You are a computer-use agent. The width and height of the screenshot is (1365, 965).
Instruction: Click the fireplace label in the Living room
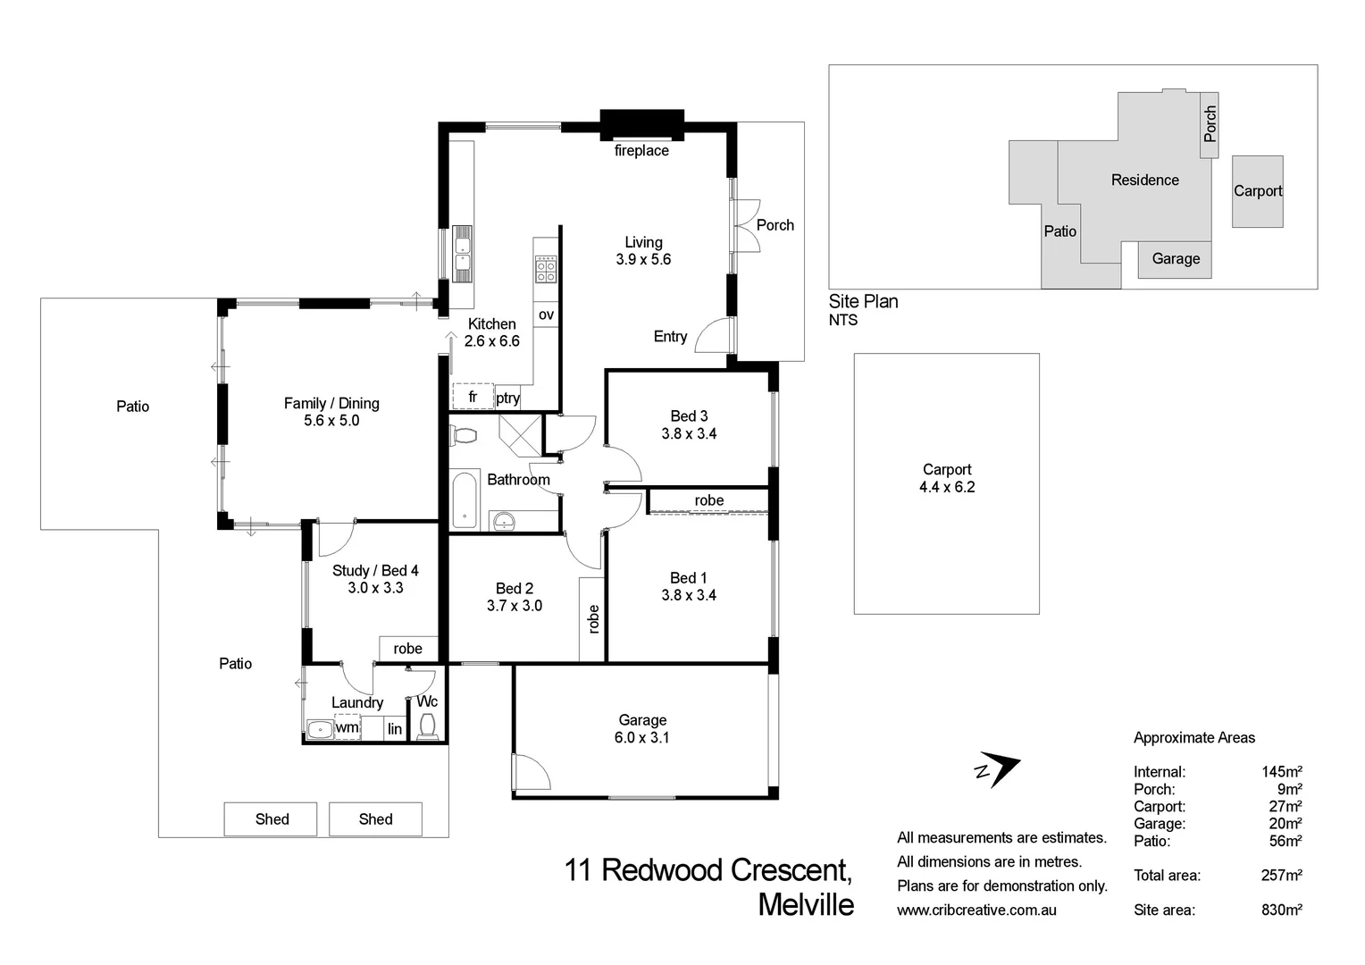pyautogui.click(x=641, y=151)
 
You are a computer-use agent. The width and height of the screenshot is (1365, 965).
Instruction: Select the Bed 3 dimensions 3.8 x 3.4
pyautogui.click(x=689, y=434)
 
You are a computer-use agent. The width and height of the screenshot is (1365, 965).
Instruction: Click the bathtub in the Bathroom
pyautogui.click(x=465, y=501)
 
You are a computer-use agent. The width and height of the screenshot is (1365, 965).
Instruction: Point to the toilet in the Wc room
pyautogui.click(x=427, y=726)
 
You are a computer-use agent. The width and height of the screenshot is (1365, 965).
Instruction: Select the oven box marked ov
pyautogui.click(x=546, y=315)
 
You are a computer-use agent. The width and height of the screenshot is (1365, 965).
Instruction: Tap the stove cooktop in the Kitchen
pyautogui.click(x=546, y=269)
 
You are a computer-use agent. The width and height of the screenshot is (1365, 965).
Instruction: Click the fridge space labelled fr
pyautogui.click(x=473, y=397)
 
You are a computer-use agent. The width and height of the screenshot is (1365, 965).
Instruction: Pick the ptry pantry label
pyautogui.click(x=507, y=399)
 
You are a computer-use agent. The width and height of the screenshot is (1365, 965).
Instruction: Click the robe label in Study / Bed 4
pyautogui.click(x=407, y=649)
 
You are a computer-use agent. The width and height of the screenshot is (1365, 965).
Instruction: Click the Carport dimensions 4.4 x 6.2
pyautogui.click(x=947, y=488)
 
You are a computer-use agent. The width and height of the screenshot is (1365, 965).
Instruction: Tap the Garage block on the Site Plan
pyautogui.click(x=1175, y=259)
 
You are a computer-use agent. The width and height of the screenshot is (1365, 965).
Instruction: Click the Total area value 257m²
pyautogui.click(x=1281, y=876)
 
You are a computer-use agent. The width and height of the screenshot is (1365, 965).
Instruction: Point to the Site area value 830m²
pyautogui.click(x=1281, y=910)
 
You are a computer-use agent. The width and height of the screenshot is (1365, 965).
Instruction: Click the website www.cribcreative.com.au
pyautogui.click(x=976, y=910)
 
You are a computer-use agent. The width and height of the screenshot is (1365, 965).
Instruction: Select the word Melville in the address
pyautogui.click(x=806, y=905)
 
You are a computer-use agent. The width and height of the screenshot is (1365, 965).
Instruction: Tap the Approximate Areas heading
pyautogui.click(x=1193, y=738)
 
